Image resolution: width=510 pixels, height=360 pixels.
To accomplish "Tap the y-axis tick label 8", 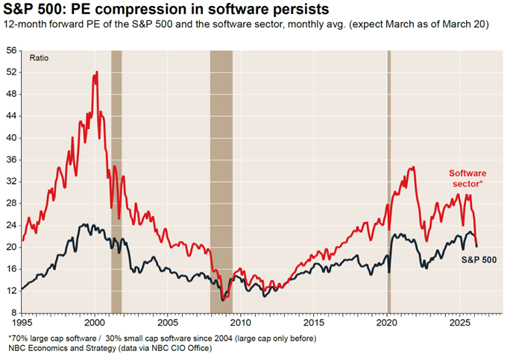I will pos(13,312).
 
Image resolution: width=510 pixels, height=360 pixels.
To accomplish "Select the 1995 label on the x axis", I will pos(22,324).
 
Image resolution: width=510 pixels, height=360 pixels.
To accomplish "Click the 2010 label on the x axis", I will pos(241,324).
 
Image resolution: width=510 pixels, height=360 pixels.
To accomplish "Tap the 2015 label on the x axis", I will pos(314,324).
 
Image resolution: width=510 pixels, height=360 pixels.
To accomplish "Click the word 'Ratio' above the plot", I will pos(39,57).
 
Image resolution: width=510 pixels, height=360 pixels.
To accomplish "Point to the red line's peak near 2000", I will pos(97,72).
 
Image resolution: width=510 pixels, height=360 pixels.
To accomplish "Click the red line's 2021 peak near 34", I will pos(412,168).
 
